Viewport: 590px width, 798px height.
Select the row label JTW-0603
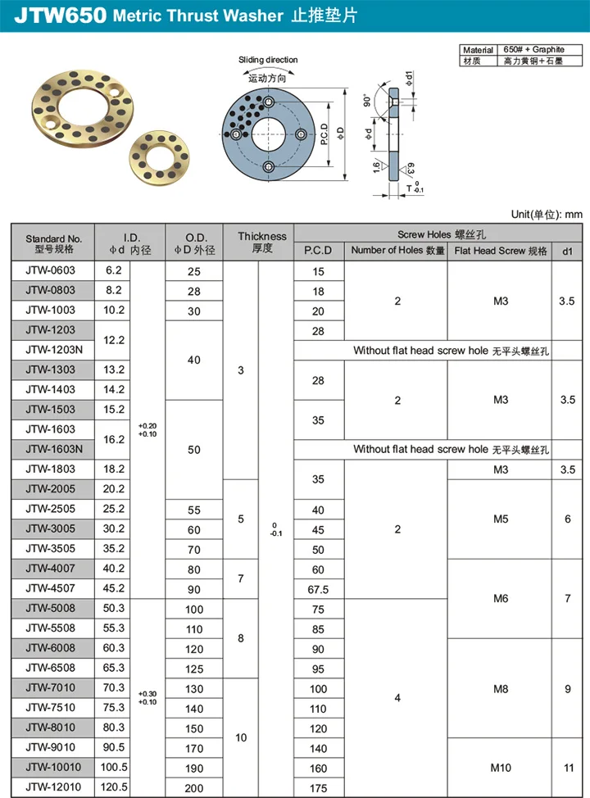pyautogui.click(x=50, y=270)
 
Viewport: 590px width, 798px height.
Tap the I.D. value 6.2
pyautogui.click(x=113, y=270)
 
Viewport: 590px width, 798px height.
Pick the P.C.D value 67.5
pyautogui.click(x=319, y=589)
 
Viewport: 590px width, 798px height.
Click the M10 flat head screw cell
pyautogui.click(x=501, y=768)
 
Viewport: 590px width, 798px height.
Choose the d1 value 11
pyautogui.click(x=568, y=768)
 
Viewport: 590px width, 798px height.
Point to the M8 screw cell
pyautogui.click(x=501, y=689)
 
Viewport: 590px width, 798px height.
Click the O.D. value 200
pyautogui.click(x=193, y=788)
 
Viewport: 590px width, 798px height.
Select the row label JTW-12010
pyautogui.click(x=50, y=788)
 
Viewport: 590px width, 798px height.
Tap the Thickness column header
pyautogui.click(x=262, y=242)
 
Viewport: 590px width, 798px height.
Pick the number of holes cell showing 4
pyautogui.click(x=397, y=698)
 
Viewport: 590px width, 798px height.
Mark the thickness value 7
pyautogui.click(x=241, y=578)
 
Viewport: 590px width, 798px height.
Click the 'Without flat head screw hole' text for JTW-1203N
pyautogui.click(x=451, y=351)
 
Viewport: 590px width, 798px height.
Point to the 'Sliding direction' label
pyautogui.click(x=268, y=60)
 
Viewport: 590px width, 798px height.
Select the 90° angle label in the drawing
pyautogui.click(x=368, y=101)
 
